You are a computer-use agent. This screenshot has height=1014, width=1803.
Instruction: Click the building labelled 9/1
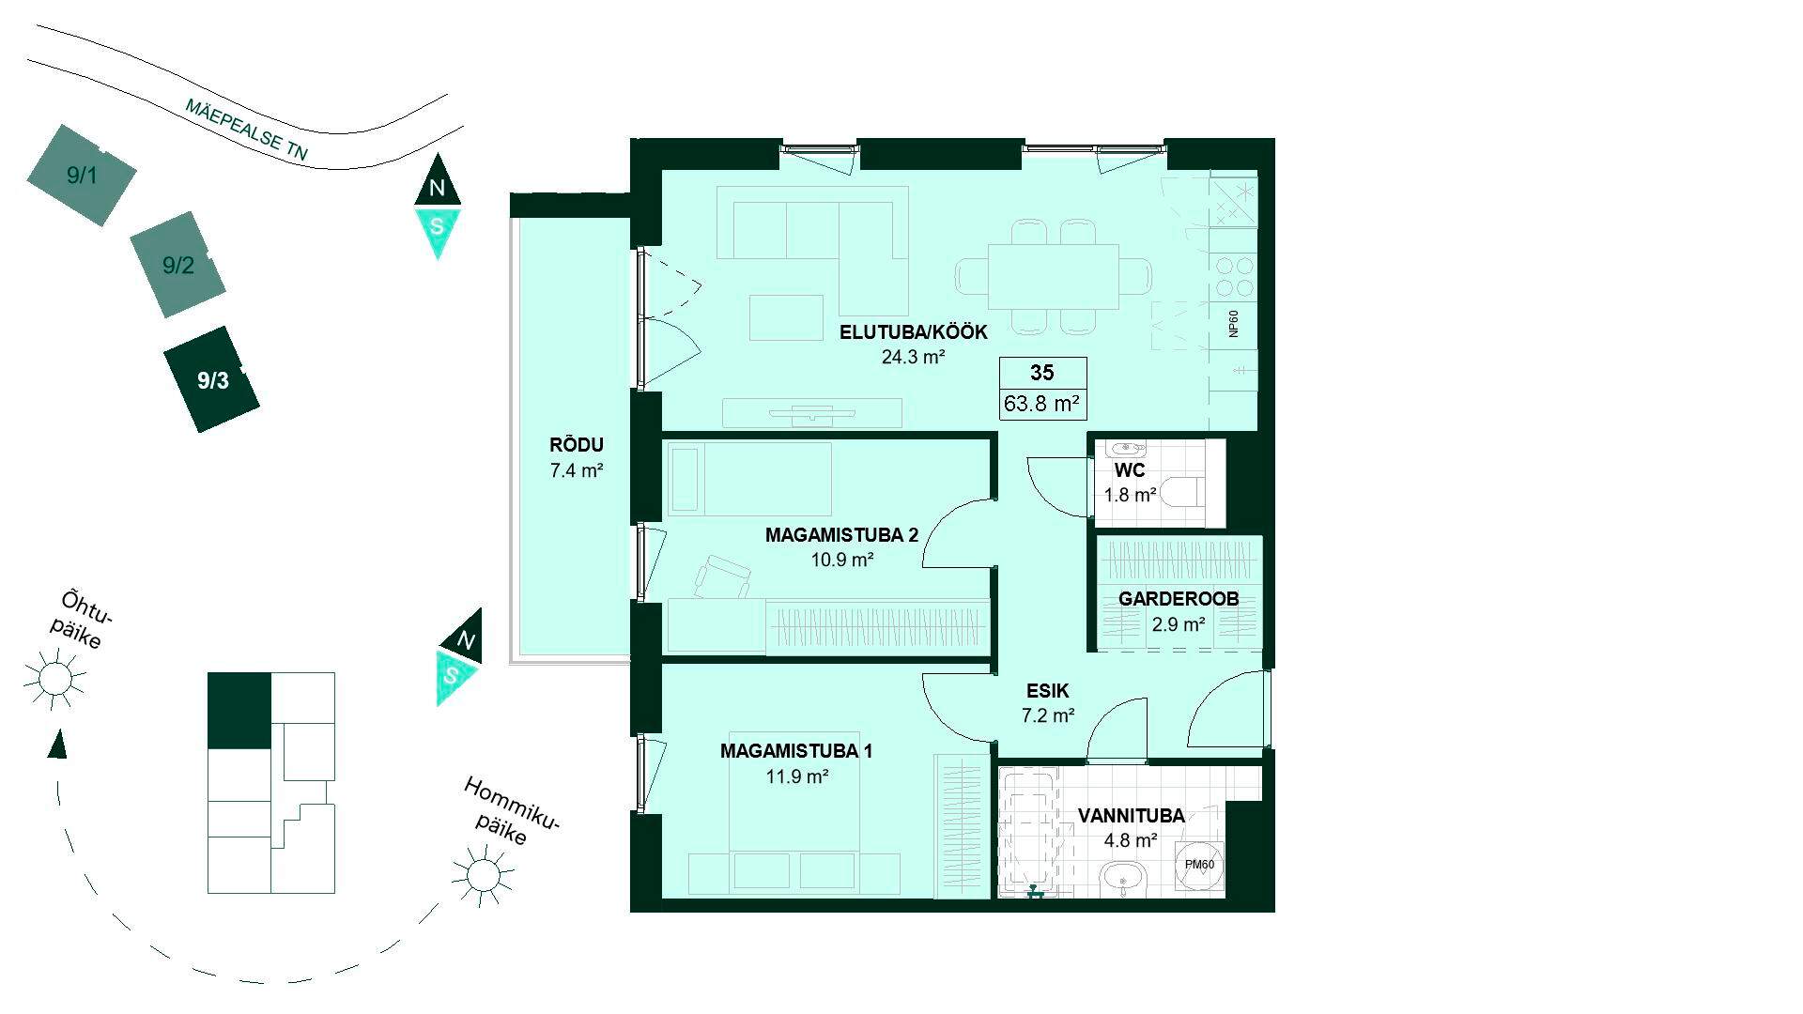pos(82,175)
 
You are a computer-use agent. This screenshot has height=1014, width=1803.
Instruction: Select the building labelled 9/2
pos(177,265)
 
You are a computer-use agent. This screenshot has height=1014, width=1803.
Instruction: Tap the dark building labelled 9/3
pos(212,379)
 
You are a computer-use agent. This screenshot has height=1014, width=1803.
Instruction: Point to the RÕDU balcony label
pos(577,445)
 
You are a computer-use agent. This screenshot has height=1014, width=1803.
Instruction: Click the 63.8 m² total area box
pos(1042,405)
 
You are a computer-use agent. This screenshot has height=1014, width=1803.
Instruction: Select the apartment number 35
pos(1042,373)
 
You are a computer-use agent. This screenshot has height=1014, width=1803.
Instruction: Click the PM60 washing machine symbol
pos(1199,865)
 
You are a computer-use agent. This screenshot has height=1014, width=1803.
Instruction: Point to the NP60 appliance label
pos(1234,324)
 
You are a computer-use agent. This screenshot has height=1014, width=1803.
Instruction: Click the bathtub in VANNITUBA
pos(1030,830)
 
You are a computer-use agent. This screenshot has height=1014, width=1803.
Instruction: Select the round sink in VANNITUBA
pos(1123,881)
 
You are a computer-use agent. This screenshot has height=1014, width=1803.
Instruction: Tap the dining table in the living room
pos(1054,276)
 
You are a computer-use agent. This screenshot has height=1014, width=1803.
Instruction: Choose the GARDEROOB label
pos(1179,599)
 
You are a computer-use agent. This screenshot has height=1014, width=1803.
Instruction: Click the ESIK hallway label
pos(1048,691)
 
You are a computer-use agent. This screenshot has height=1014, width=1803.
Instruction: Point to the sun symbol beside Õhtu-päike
pos(54,677)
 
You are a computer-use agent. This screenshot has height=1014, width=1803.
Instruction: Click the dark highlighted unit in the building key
pos(239,711)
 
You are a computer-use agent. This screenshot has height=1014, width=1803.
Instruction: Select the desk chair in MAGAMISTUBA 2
pos(721,576)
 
